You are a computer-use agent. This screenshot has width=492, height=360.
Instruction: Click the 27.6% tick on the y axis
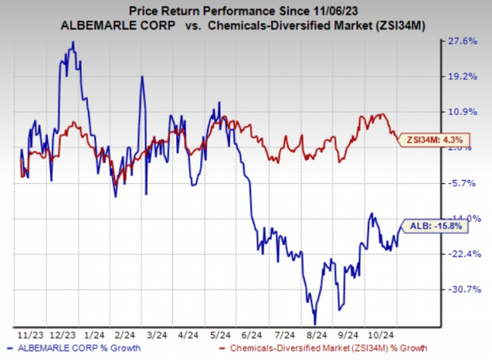pyautogui.click(x=463, y=40)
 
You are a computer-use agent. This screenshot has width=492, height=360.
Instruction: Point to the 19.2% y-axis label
pyautogui.click(x=463, y=76)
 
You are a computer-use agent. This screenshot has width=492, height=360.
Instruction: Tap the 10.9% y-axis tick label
pyautogui.click(x=463, y=112)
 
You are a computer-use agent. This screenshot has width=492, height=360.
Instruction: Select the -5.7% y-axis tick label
pyautogui.click(x=463, y=183)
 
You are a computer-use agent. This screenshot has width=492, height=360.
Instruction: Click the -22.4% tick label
pyautogui.click(x=463, y=254)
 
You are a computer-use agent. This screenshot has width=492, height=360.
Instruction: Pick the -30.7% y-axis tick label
pyautogui.click(x=463, y=289)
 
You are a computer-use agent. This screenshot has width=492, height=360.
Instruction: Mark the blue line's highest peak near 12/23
pyautogui.click(x=73, y=43)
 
